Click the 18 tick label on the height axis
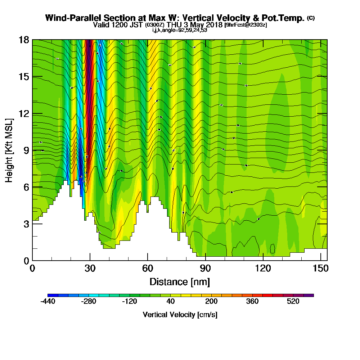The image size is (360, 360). click(23, 40)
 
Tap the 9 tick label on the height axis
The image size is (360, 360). click(26, 150)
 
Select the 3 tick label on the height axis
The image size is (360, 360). click(26, 224)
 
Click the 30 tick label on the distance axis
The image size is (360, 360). click(90, 269)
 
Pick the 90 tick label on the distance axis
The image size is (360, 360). click(205, 269)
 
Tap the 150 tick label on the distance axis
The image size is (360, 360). click(320, 269)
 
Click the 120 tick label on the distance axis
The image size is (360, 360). click(263, 269)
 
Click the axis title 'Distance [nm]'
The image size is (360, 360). click(180, 281)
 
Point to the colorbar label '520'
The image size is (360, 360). click(293, 302)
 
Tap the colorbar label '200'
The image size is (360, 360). click(211, 302)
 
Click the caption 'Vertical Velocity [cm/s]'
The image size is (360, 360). click(180, 315)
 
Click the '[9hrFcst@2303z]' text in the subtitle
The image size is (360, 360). click(245, 25)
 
